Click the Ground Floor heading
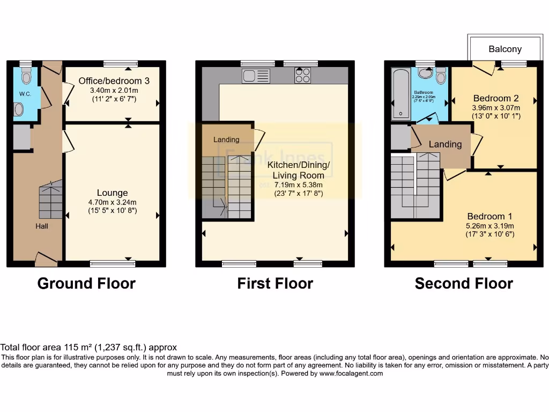point(86,283)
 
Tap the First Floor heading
point(275,283)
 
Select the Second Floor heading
point(464,283)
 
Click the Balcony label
point(505,49)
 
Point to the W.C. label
point(25,94)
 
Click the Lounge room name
point(112,193)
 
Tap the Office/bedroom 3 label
point(114,81)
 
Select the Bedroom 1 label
point(489,216)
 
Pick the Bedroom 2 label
point(496,98)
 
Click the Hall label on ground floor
point(42,226)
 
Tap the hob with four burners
point(302,75)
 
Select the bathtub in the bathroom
point(400,94)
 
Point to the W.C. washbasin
point(19,109)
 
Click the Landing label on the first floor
point(226,140)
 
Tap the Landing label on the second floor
point(445,144)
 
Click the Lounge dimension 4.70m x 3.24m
point(112,202)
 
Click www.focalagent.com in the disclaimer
point(351,373)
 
